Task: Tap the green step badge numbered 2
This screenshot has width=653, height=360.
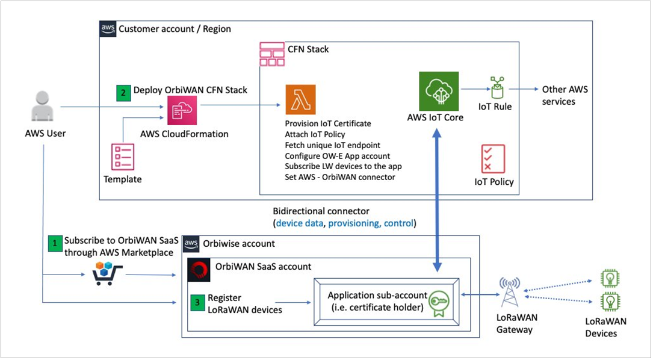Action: click(123, 93)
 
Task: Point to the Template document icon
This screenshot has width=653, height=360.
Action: click(123, 157)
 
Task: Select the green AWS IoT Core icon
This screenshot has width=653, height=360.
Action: click(439, 92)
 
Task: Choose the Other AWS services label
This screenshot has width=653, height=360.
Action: click(565, 95)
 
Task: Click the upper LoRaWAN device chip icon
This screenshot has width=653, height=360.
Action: click(610, 278)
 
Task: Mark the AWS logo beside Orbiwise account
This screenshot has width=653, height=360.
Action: click(191, 244)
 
